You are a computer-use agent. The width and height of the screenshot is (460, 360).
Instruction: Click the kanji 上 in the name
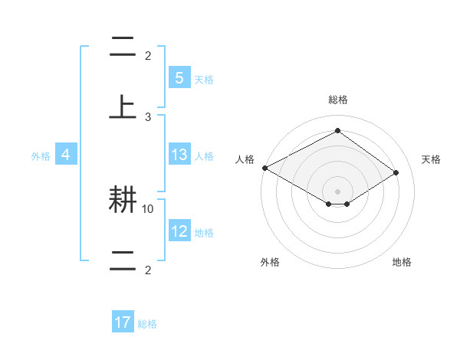click(123, 107)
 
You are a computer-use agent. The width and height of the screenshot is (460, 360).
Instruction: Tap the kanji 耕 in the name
click(123, 201)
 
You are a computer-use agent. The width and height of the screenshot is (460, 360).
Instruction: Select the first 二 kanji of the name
click(123, 47)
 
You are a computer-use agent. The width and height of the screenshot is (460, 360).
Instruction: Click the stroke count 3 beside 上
click(148, 116)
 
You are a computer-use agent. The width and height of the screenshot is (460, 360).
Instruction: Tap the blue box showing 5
click(179, 78)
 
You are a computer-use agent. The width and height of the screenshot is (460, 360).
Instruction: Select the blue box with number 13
click(179, 155)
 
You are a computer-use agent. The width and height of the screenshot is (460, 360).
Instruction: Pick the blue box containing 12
click(179, 231)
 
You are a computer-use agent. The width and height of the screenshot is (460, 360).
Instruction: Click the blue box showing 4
click(66, 155)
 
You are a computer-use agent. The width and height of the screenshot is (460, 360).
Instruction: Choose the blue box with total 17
click(123, 323)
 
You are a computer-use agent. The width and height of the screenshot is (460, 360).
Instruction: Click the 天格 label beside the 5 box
click(204, 79)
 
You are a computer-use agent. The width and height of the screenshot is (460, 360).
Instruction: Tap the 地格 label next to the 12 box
click(204, 232)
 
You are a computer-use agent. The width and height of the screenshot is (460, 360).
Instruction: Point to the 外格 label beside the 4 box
click(41, 155)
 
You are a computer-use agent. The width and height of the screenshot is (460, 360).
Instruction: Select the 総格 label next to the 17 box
click(147, 324)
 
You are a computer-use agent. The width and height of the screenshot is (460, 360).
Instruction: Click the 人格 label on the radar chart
click(245, 159)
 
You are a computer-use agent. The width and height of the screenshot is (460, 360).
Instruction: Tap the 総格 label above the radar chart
click(337, 100)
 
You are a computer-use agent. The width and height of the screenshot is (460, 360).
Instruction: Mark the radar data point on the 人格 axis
click(264, 168)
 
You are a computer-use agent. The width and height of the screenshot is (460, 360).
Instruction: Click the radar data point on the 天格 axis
click(396, 172)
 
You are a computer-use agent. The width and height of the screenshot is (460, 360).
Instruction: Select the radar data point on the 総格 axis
click(337, 131)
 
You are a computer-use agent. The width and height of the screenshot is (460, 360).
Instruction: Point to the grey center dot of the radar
click(337, 191)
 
